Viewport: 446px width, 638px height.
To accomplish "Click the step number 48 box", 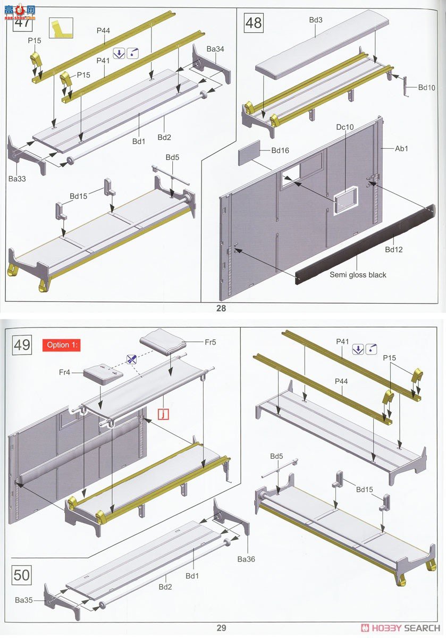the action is [254, 23].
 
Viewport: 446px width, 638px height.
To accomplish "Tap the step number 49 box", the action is [22, 345].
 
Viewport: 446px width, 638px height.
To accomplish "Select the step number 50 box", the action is [22, 575].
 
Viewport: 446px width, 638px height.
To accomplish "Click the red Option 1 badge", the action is [62, 345].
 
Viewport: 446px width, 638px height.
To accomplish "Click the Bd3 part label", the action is [316, 20].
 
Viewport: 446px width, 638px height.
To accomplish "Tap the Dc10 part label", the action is [345, 127].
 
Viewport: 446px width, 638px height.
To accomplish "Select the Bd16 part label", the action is [280, 150].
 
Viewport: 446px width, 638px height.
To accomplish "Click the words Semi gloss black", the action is [358, 275].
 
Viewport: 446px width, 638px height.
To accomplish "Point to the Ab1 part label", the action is [401, 148].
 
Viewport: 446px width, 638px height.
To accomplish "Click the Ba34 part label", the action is [215, 49].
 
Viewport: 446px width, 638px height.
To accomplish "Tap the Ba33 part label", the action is [17, 179].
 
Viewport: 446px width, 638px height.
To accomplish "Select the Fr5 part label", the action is [211, 342].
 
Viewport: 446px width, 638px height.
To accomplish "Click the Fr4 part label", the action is [64, 372].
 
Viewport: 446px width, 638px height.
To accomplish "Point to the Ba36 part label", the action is [246, 559].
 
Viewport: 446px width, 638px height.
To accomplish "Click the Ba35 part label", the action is [23, 600].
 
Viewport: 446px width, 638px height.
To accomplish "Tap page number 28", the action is [221, 308].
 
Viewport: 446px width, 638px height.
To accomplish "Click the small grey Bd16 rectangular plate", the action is [249, 153].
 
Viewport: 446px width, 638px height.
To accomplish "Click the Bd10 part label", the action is [427, 87].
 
